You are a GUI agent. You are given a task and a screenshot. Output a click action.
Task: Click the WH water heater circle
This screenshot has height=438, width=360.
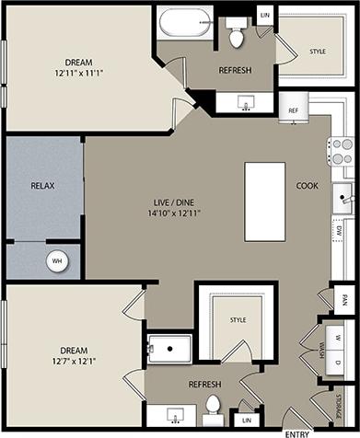pyautogui.click(x=57, y=261)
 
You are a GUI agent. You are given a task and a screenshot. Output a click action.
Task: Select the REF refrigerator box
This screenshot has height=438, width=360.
pyautogui.click(x=294, y=110)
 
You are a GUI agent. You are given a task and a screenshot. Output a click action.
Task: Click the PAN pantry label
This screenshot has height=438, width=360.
pyautogui.click(x=343, y=298)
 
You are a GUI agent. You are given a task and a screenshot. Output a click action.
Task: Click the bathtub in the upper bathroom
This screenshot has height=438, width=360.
pyautogui.click(x=185, y=23)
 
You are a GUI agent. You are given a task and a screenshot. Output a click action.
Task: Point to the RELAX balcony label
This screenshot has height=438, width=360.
pyautogui.click(x=43, y=185)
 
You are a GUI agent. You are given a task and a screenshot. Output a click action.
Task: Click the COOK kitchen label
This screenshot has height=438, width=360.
pyautogui.click(x=307, y=185)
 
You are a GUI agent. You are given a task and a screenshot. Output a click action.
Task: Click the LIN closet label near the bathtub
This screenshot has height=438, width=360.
pyautogui.click(x=265, y=15)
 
